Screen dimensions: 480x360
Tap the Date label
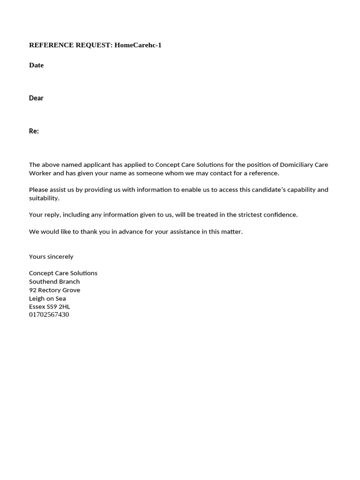tap(36, 65)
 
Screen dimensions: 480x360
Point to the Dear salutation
tap(36, 98)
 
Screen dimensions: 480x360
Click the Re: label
tap(34, 131)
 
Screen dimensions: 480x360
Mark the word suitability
tap(44, 198)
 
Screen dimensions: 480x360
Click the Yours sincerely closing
tap(51, 257)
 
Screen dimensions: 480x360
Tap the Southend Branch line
tap(54, 282)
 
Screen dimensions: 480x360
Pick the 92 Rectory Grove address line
tap(54, 290)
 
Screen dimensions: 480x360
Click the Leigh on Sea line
tap(47, 299)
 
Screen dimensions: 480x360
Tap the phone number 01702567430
tap(49, 315)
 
